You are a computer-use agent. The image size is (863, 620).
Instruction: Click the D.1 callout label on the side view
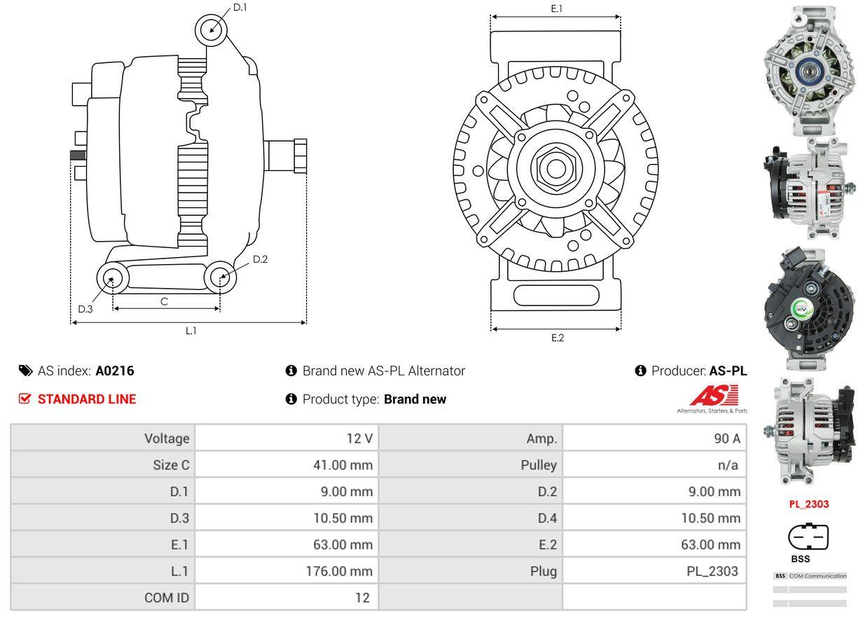pyautogui.click(x=240, y=7)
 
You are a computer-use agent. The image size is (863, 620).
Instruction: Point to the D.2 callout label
pyautogui.click(x=260, y=259)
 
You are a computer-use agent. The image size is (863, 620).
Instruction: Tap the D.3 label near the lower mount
pyautogui.click(x=85, y=309)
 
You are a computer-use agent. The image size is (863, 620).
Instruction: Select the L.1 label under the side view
pyautogui.click(x=191, y=331)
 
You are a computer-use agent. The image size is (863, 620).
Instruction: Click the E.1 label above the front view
pyautogui.click(x=557, y=8)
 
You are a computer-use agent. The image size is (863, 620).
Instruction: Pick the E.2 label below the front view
pyautogui.click(x=557, y=338)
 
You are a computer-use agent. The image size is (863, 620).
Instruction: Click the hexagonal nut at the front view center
pyautogui.click(x=555, y=167)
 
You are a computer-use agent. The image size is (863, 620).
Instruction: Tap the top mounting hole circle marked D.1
pyautogui.click(x=212, y=29)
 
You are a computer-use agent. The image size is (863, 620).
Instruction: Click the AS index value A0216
pyautogui.click(x=114, y=371)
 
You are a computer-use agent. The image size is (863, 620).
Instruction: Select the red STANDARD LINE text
pyautogui.click(x=86, y=399)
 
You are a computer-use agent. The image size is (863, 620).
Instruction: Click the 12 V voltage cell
pyautogui.click(x=359, y=439)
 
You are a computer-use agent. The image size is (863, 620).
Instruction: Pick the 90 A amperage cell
pyautogui.click(x=726, y=439)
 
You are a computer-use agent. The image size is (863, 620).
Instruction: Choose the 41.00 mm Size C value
pyautogui.click(x=343, y=464)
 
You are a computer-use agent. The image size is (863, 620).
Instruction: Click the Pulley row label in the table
pyautogui.click(x=539, y=464)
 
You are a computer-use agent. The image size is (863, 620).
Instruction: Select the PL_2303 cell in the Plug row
pyautogui.click(x=712, y=571)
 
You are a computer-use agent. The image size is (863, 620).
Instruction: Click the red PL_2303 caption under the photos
pyautogui.click(x=809, y=504)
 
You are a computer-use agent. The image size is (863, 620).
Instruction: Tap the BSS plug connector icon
pyautogui.click(x=808, y=537)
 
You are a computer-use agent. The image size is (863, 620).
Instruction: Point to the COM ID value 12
pyautogui.click(x=361, y=598)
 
